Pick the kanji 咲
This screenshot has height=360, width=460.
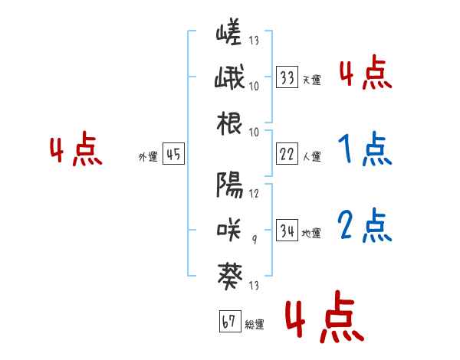[228, 229]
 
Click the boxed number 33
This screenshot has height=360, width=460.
[287, 77]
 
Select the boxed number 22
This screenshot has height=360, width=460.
[287, 154]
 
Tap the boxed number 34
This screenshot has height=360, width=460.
[287, 231]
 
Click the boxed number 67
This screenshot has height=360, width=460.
[228, 322]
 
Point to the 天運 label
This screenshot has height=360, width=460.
[311, 80]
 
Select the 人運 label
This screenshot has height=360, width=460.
[311, 156]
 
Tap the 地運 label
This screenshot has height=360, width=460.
[311, 233]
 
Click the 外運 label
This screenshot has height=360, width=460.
[148, 156]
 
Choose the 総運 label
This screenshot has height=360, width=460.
[255, 324]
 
